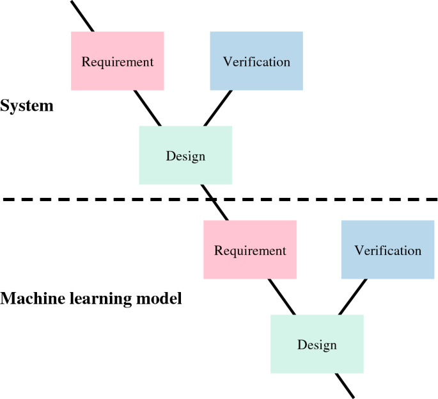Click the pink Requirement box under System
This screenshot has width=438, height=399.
tap(117, 61)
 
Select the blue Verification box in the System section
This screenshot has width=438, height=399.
tap(256, 61)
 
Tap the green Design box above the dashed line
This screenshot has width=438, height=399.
tap(185, 155)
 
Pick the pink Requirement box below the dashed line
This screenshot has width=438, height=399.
tap(250, 250)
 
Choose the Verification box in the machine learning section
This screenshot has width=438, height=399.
tap(388, 250)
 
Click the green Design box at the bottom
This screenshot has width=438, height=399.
tap(317, 344)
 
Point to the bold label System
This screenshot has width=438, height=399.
tap(27, 106)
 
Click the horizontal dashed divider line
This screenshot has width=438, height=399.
tap(96, 200)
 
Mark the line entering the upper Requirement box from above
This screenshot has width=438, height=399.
tap(82, 16)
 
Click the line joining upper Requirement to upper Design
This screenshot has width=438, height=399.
tap(148, 108)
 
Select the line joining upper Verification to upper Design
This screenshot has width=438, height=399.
tap(218, 108)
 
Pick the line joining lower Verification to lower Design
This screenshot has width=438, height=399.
tap(352, 297)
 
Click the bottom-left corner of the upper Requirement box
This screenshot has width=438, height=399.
tap(72, 90)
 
